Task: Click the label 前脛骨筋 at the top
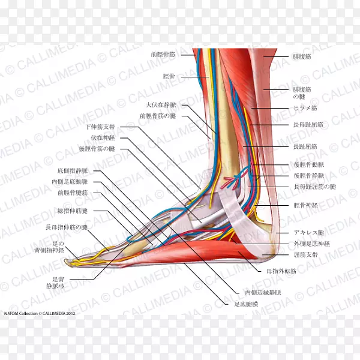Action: pos(163,55)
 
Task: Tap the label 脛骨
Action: pos(170,76)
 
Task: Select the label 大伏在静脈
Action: pos(165,105)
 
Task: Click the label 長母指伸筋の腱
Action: pos(67,227)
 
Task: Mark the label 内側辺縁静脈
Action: pos(263,292)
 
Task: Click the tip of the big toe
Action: pos(70,262)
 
